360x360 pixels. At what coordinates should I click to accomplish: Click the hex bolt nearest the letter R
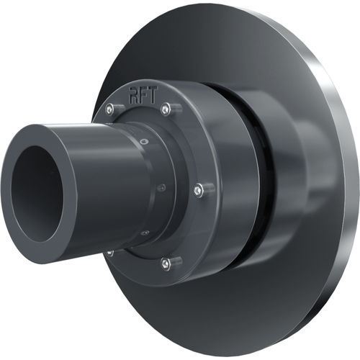[109, 109]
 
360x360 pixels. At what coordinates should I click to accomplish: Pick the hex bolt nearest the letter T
[166, 108]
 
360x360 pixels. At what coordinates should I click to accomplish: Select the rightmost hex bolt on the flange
[198, 189]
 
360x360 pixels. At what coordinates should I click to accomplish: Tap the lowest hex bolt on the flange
[166, 264]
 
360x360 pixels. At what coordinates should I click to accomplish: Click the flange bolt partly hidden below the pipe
[110, 252]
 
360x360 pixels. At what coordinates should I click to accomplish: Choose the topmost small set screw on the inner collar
[143, 142]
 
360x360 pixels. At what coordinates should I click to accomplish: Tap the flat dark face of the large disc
[238, 302]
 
